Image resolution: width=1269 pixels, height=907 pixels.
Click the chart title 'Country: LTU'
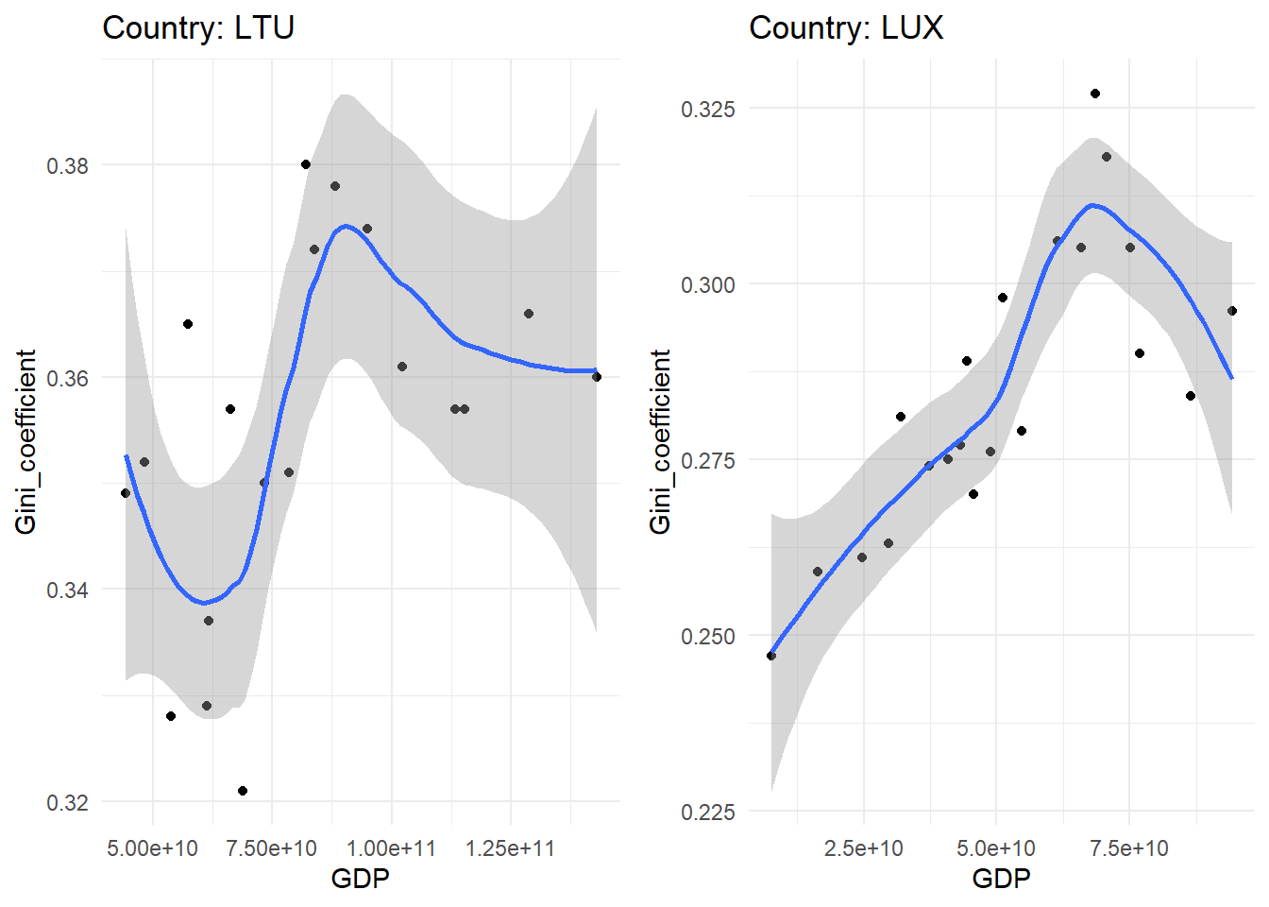coord(198,27)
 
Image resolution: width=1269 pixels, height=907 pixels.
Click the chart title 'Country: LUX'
coord(846,27)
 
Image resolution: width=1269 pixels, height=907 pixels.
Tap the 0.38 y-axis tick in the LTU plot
coord(67,165)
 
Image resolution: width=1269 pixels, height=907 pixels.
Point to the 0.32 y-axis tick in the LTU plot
coord(67,802)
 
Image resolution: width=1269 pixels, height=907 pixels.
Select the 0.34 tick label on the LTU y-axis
coord(67,590)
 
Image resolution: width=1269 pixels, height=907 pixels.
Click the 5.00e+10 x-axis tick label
coord(152,847)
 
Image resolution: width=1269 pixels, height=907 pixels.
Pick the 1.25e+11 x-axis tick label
coord(510,847)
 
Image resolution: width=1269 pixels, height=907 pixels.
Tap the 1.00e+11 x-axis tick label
coord(391,847)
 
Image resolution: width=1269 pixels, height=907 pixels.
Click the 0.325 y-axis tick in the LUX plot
coord(707,109)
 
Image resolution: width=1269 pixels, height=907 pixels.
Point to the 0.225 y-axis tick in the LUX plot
coord(707,812)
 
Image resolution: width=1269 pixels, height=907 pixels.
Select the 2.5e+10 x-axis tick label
coord(863,847)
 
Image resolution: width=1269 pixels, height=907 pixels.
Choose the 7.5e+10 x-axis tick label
coord(1128,847)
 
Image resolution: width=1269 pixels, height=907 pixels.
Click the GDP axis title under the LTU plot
coord(360,879)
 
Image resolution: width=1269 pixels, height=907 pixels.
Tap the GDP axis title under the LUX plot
coord(1001,879)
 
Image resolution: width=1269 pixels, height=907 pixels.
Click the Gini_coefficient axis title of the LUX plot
coord(660,441)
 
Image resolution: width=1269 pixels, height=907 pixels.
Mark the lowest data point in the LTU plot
coord(243,791)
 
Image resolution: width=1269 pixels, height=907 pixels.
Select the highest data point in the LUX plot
coord(1095,94)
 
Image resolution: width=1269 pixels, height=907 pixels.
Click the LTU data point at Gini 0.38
coord(306,164)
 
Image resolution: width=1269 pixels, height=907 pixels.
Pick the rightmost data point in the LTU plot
coord(597,377)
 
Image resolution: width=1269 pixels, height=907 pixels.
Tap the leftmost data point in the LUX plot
coord(771,656)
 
